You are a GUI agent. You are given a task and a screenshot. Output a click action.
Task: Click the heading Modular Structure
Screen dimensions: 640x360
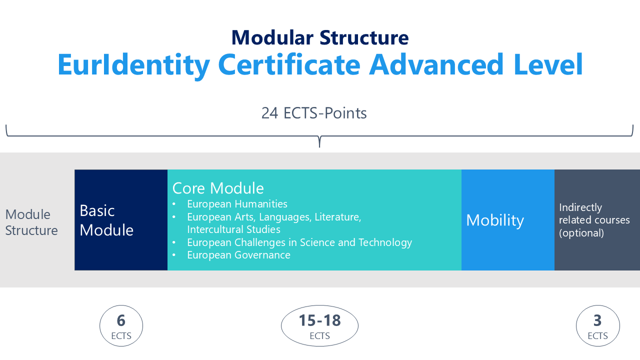[x=320, y=37]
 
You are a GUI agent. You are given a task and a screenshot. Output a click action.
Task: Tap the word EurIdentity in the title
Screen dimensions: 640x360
[x=133, y=65]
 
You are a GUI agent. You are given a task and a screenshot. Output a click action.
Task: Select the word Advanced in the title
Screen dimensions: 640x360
[x=436, y=64]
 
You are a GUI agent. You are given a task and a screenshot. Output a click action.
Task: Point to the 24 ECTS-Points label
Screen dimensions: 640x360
[x=314, y=113]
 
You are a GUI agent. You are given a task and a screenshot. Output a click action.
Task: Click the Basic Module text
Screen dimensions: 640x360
[x=106, y=220]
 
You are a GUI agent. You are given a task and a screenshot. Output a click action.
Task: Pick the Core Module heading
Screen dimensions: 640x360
[x=218, y=188]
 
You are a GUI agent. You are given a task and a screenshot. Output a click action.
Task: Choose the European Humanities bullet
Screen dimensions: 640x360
[x=237, y=204]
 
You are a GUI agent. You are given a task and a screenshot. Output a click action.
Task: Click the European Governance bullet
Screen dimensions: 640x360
[x=238, y=255]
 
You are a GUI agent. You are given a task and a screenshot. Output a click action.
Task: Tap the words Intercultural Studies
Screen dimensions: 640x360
[x=233, y=229]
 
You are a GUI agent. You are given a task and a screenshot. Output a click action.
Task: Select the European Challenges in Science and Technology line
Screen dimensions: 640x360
[x=299, y=242]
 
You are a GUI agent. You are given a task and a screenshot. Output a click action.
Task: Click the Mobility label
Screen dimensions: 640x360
[x=495, y=220]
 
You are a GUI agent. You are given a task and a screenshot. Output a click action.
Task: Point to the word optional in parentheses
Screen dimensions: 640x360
[x=581, y=233]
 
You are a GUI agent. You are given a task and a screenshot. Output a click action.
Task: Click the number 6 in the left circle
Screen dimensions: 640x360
[x=121, y=320]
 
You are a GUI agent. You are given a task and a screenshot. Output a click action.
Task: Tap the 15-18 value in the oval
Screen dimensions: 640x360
[x=319, y=320]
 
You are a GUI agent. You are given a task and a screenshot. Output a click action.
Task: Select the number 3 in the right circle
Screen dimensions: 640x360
[x=597, y=320]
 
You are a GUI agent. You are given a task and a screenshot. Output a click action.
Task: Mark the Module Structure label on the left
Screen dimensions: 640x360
[x=31, y=222]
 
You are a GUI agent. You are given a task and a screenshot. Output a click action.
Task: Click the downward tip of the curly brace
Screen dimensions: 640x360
[x=319, y=147]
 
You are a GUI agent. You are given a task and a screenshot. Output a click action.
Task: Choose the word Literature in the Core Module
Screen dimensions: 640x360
[x=338, y=217]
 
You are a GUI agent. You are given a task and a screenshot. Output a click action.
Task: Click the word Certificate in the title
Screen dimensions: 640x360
[x=289, y=64]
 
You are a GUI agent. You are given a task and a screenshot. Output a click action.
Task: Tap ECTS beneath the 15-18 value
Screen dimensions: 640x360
[x=319, y=336]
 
